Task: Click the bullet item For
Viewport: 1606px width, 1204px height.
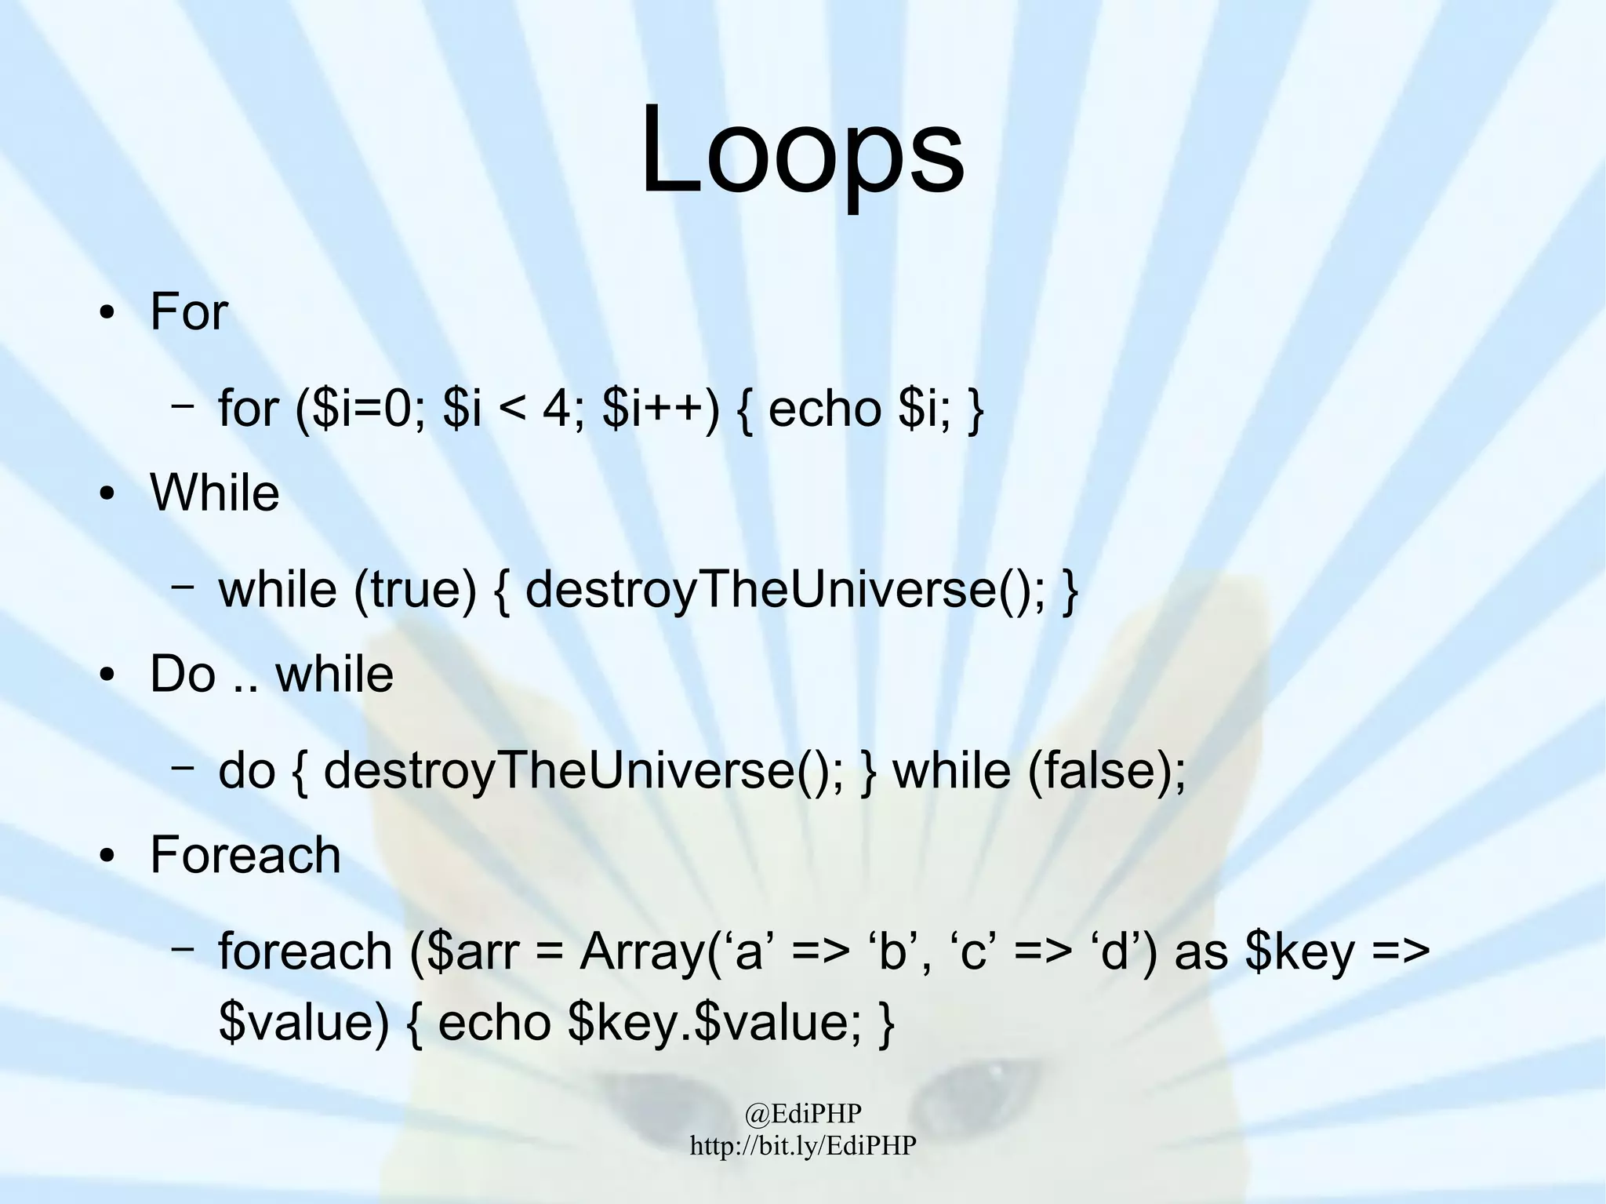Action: pyautogui.click(x=188, y=312)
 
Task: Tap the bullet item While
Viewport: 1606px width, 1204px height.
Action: pyautogui.click(x=214, y=493)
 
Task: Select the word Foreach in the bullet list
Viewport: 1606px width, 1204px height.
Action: pyautogui.click(x=245, y=855)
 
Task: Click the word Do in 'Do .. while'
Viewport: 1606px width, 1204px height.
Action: pyautogui.click(x=182, y=674)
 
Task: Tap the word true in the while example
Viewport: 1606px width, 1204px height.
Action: pyautogui.click(x=416, y=590)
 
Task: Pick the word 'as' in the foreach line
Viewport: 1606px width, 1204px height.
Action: pyautogui.click(x=1201, y=951)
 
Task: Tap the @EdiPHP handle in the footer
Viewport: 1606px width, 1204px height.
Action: pyautogui.click(x=803, y=1112)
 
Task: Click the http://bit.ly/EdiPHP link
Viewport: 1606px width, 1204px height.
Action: pyautogui.click(x=803, y=1145)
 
